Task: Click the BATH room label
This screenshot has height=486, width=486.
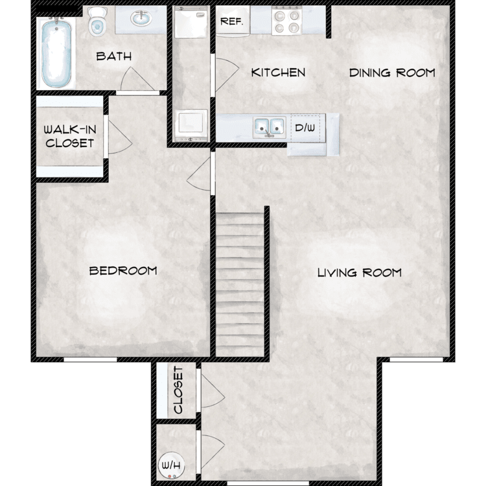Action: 114,56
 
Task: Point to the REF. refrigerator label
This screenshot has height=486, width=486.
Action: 231,21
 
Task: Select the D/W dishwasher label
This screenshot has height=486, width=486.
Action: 305,127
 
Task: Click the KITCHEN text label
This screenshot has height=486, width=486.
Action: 278,72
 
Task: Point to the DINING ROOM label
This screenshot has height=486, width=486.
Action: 392,72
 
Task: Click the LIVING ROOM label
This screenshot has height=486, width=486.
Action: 359,272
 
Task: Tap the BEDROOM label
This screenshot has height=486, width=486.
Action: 123,270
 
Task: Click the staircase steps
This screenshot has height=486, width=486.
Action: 240,285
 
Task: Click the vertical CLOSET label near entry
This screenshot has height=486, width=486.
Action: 178,391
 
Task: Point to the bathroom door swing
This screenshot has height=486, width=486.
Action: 130,82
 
